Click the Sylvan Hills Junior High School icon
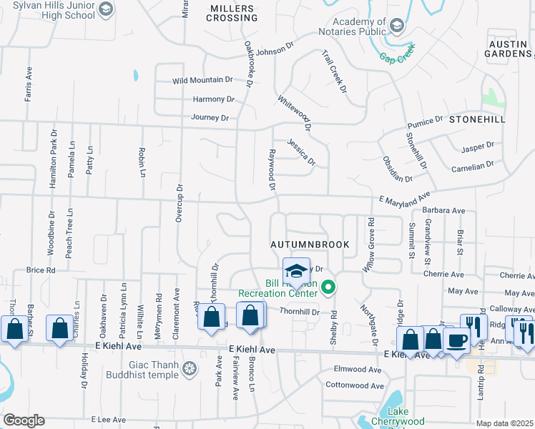tap(107, 9)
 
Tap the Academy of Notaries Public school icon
tap(397, 26)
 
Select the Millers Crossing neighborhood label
tap(232, 13)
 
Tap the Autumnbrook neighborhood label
tap(310, 245)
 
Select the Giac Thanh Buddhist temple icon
tap(190, 369)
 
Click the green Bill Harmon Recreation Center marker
tap(329, 288)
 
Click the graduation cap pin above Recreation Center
tap(296, 270)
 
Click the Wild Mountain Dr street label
tap(203, 81)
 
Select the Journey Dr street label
tap(210, 118)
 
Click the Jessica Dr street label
tap(302, 152)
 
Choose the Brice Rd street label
tap(41, 270)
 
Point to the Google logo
tap(24, 420)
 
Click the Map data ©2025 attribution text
tap(505, 423)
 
